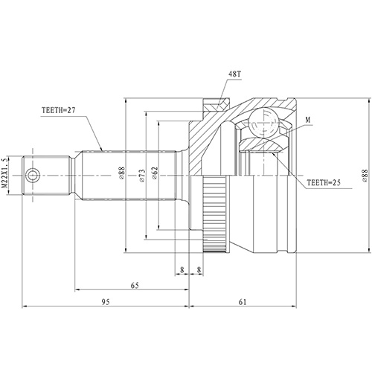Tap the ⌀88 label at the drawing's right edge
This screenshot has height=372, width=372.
point(365,175)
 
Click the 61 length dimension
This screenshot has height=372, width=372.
point(244,301)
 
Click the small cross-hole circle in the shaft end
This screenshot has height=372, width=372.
point(33,175)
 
